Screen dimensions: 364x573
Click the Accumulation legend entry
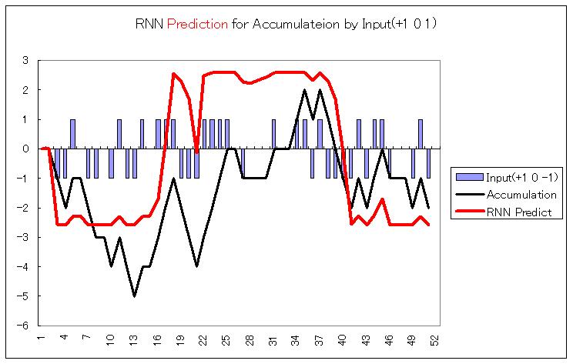pyautogui.click(x=521, y=195)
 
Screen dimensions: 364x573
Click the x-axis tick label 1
pyautogui.click(x=40, y=339)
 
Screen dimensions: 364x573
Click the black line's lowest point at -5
pyautogui.click(x=134, y=296)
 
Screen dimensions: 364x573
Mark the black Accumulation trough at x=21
pyautogui.click(x=196, y=266)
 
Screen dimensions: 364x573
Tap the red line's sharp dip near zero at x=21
pyautogui.click(x=196, y=152)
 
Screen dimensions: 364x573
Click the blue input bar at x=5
pyautogui.click(x=72, y=134)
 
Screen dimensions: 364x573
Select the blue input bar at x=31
pyautogui.click(x=273, y=134)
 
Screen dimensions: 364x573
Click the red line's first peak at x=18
pyautogui.click(x=173, y=74)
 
